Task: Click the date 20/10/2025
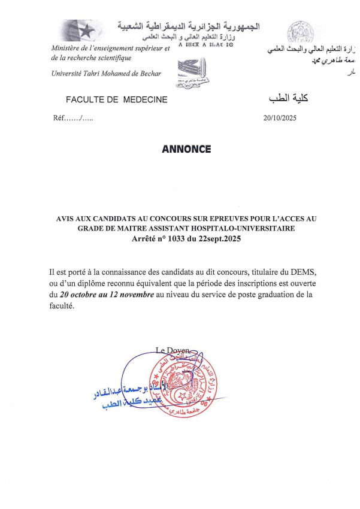tap(280, 118)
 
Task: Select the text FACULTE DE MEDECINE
tap(117, 99)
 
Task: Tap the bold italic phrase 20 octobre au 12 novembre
tap(107, 295)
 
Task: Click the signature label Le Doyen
tap(173, 350)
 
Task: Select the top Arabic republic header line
tap(189, 27)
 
